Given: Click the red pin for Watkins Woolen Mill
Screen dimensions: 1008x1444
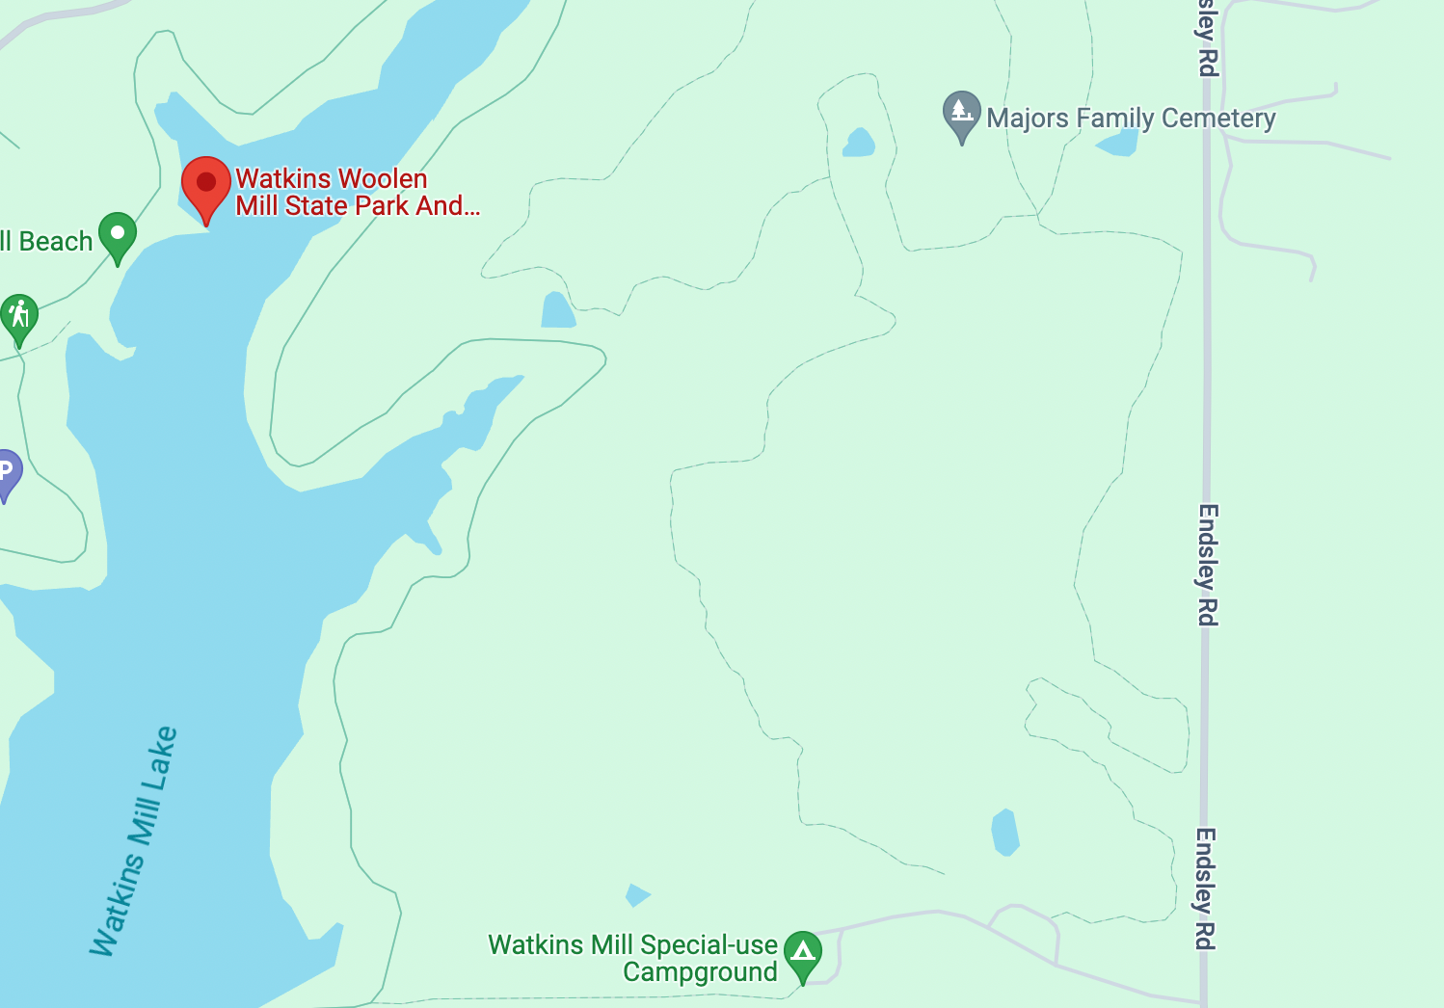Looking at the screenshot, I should pos(206,185).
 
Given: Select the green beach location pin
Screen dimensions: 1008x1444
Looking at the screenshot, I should pos(118,235).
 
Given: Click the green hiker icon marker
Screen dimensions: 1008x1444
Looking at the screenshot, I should pos(18,316).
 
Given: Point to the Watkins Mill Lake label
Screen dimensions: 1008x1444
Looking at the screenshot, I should pos(134,841).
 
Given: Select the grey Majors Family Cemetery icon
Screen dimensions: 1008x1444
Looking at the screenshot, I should pos(961,114).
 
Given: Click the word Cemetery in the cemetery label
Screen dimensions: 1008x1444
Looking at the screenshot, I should pos(1218,119).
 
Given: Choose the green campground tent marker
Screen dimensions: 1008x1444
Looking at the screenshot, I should pos(803,952).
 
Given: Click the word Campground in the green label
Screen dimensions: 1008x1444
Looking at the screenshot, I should pos(700,972).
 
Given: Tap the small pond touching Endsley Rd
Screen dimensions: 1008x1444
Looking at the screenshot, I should pos(1119,144).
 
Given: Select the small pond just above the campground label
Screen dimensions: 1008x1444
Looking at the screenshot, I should pos(636,895).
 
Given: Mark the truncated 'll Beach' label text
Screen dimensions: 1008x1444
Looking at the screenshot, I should pos(46,242).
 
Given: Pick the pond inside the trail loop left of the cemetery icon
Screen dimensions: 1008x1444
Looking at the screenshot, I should pos(859,143).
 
